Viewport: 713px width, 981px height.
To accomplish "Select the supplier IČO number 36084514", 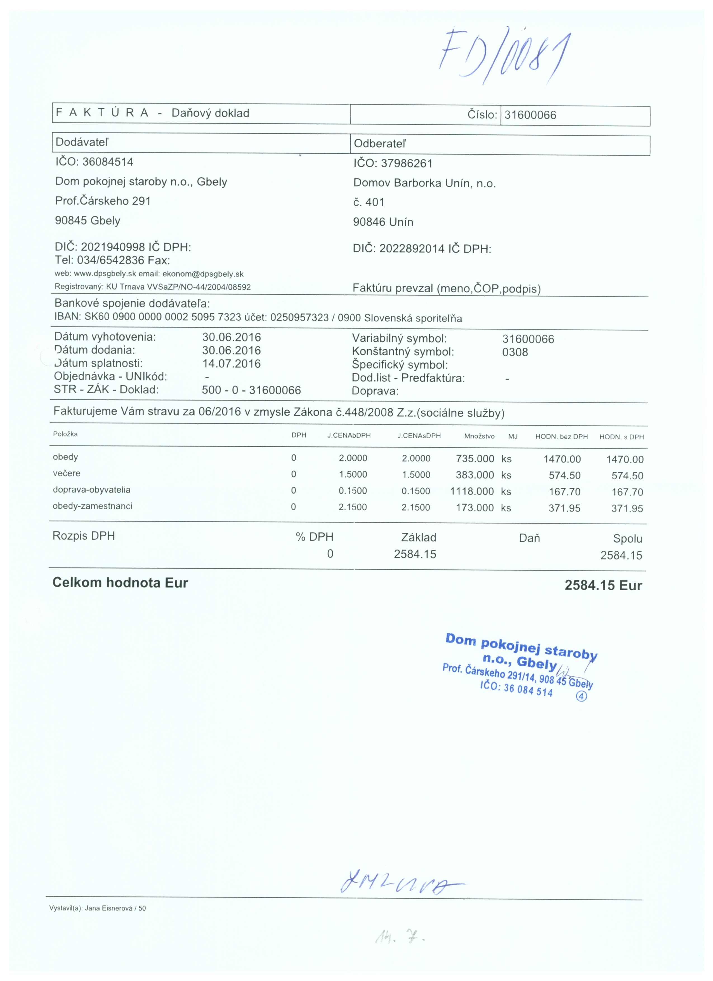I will (108, 162).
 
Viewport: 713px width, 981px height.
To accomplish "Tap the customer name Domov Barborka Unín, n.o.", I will (424, 183).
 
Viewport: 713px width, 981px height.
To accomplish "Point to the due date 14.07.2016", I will (232, 363).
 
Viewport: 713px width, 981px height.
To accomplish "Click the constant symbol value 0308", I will (515, 352).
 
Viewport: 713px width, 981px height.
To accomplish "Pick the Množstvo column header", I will (479, 436).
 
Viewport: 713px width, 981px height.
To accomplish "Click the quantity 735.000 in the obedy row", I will (474, 458).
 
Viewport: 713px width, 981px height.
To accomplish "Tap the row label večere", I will (67, 473).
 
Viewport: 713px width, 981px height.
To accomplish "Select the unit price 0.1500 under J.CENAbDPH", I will (353, 491).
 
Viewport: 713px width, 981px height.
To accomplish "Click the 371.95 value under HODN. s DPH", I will (627, 509).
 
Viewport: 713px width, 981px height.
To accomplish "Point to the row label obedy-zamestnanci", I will (93, 506).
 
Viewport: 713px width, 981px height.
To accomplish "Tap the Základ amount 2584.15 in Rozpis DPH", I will (415, 554).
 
